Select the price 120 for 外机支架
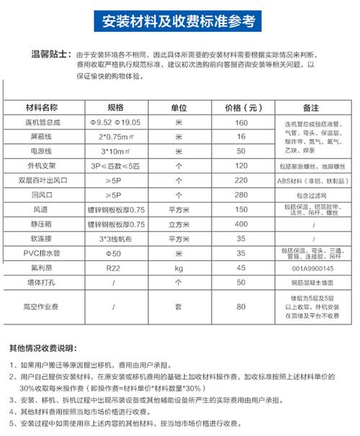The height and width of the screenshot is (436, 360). pyautogui.click(x=242, y=165)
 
